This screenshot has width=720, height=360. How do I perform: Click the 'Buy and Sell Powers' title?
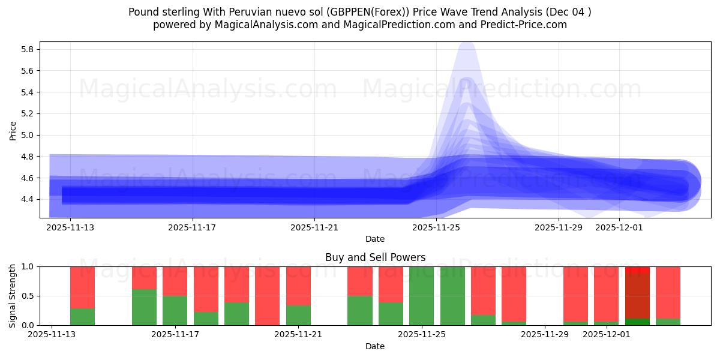pyautogui.click(x=375, y=257)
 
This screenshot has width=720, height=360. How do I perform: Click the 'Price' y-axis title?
pyautogui.click(x=13, y=130)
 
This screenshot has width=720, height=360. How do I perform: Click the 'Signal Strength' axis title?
pyautogui.click(x=13, y=296)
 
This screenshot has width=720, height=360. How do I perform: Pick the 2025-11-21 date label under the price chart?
pyautogui.click(x=314, y=227)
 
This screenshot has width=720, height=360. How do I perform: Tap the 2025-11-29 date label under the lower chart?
pyautogui.click(x=545, y=334)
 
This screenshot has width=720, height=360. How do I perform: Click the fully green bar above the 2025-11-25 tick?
pyautogui.click(x=421, y=296)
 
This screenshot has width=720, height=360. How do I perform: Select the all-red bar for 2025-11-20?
pyautogui.click(x=267, y=296)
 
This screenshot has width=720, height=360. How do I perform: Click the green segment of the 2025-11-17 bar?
pyautogui.click(x=175, y=310)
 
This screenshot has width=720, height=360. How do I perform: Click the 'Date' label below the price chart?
pyautogui.click(x=375, y=239)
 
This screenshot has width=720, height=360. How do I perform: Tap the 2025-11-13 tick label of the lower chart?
pyautogui.click(x=52, y=334)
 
